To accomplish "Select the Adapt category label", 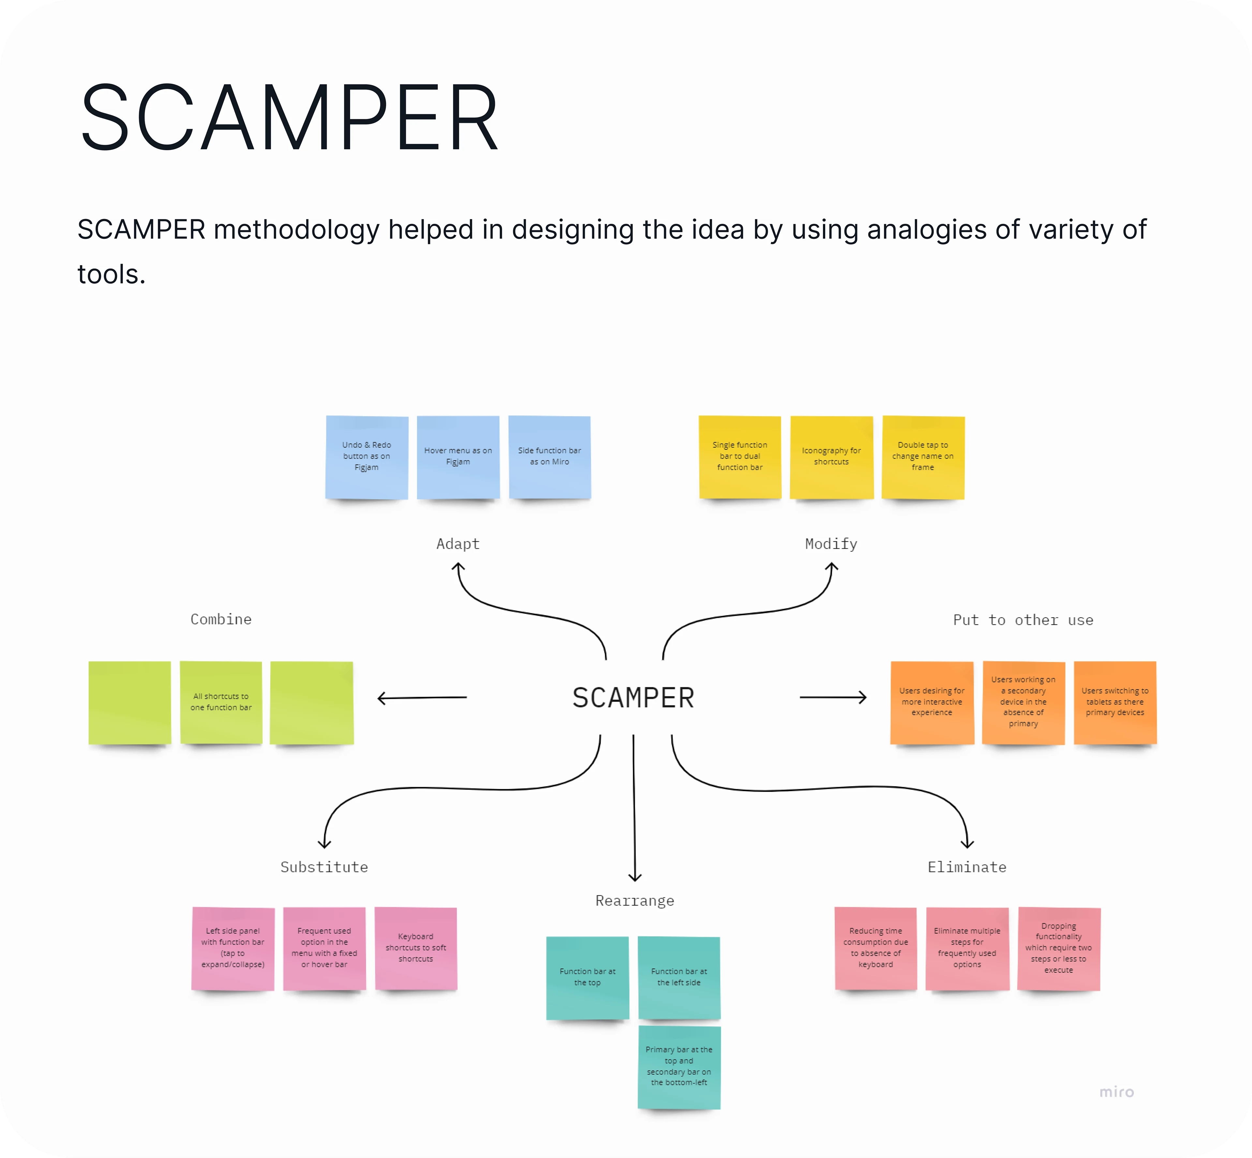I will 458,544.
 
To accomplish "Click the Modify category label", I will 831,544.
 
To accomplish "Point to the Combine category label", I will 221,619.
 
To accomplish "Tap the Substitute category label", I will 324,867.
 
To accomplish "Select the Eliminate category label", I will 967,867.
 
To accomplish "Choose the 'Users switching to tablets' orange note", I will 1115,702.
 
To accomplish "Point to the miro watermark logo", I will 1117,1092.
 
